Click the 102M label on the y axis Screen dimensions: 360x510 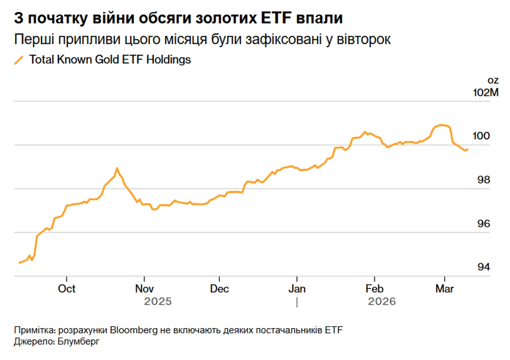click(485, 92)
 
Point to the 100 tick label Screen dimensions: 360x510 click(481, 136)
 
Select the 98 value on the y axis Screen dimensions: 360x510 click(483, 179)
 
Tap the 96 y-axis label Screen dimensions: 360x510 click(483, 223)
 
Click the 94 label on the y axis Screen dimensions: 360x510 click(483, 267)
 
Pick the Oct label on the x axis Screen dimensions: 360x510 click(67, 289)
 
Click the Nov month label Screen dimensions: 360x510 click(144, 289)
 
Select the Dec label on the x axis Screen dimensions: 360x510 click(219, 289)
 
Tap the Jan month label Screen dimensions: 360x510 click(297, 289)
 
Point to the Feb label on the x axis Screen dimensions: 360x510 click(374, 289)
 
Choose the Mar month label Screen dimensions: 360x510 click(444, 289)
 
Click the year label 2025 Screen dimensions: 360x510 click(158, 302)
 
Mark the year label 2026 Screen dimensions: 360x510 click(382, 302)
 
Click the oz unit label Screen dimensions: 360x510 click(493, 81)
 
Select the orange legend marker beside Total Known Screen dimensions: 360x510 click(19, 60)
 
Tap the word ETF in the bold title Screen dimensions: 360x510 click(276, 18)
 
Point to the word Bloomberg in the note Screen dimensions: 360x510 click(134, 330)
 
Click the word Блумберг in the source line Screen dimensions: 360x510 click(78, 341)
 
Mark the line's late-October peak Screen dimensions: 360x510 click(117, 168)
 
